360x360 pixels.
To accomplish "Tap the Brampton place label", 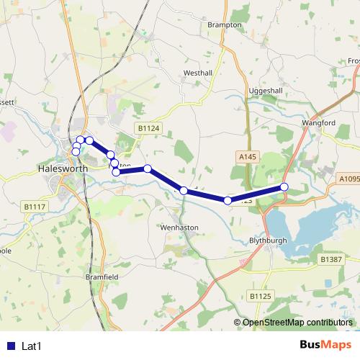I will tap(224, 24).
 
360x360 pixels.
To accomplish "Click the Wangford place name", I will tap(319, 123).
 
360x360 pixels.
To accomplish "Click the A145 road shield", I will tap(246, 154).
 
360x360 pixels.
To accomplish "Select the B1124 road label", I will tap(147, 128).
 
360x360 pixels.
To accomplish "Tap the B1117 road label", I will tap(35, 207).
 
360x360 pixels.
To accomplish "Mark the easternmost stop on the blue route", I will tap(284, 187).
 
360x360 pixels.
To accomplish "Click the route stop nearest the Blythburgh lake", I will tap(284, 187).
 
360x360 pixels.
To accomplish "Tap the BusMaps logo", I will tap(320, 346).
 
